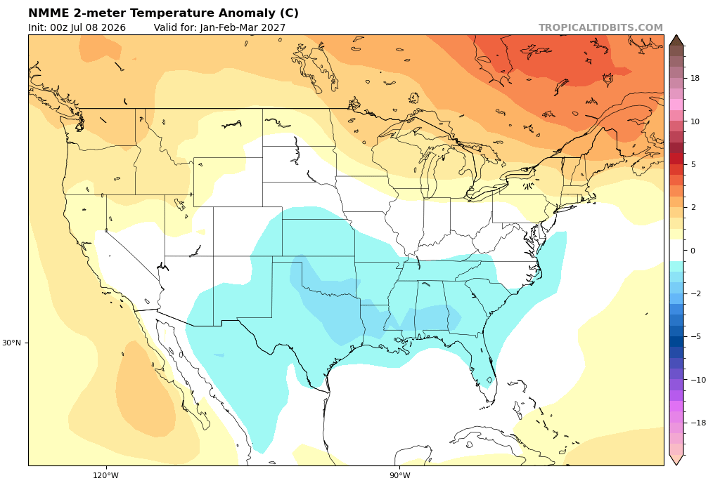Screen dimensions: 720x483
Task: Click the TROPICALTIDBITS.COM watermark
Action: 600,27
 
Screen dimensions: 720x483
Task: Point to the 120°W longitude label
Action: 105,475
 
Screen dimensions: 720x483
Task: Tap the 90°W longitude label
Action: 400,475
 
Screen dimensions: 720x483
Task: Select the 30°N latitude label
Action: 11,343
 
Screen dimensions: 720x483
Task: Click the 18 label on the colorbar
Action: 695,79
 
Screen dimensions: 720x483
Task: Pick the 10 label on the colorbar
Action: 695,121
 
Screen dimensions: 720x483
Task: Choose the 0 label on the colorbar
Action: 693,251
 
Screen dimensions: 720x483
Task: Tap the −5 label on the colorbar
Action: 695,336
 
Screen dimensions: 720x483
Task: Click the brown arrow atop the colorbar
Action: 676,40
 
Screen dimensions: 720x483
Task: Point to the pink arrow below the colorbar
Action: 676,461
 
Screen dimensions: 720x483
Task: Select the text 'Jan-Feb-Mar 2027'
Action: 243,27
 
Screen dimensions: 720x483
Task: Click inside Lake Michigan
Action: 427,172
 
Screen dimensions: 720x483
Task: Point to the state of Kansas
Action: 318,238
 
